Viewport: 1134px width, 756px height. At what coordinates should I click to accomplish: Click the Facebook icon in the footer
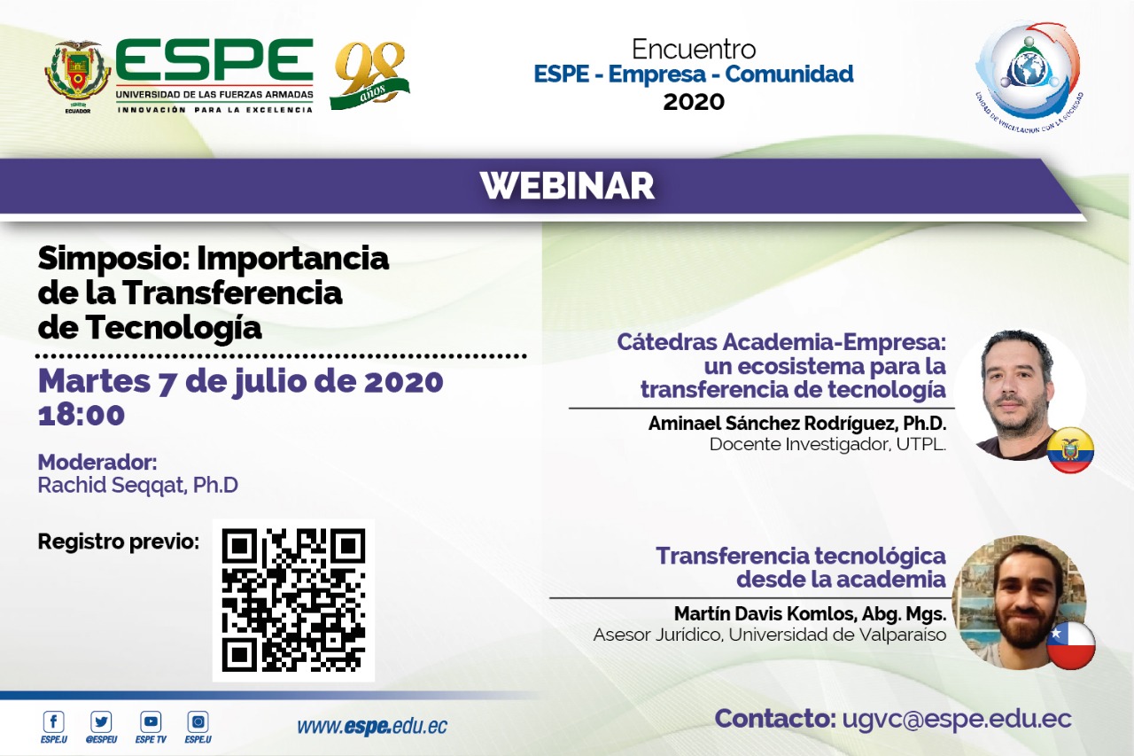point(54,721)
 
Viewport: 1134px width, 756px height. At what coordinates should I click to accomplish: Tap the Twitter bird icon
point(101,721)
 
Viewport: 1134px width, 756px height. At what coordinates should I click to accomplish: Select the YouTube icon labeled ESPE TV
point(151,721)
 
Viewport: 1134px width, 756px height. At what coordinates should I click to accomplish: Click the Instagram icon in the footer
point(198,721)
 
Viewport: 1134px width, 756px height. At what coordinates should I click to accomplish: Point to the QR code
point(293,600)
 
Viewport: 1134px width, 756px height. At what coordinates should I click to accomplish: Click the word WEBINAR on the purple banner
point(567,186)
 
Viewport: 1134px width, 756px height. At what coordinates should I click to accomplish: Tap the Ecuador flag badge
point(1070,450)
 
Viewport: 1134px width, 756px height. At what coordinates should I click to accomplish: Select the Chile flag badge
point(1071,645)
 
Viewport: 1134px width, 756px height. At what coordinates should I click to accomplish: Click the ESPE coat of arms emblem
point(78,77)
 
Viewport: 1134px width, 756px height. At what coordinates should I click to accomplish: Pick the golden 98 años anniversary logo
point(369,75)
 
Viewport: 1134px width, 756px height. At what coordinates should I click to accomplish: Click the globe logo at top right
point(1029,76)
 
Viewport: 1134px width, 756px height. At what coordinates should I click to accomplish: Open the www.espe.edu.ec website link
point(372,726)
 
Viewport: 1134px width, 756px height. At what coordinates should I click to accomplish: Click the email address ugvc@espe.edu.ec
point(957,719)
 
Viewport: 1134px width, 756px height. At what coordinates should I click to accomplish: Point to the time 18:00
point(81,415)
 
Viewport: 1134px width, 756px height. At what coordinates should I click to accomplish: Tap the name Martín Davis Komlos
point(765,613)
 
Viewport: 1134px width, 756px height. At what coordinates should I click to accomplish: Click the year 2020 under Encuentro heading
point(694,102)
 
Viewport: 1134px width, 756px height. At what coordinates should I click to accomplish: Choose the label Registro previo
point(119,542)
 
